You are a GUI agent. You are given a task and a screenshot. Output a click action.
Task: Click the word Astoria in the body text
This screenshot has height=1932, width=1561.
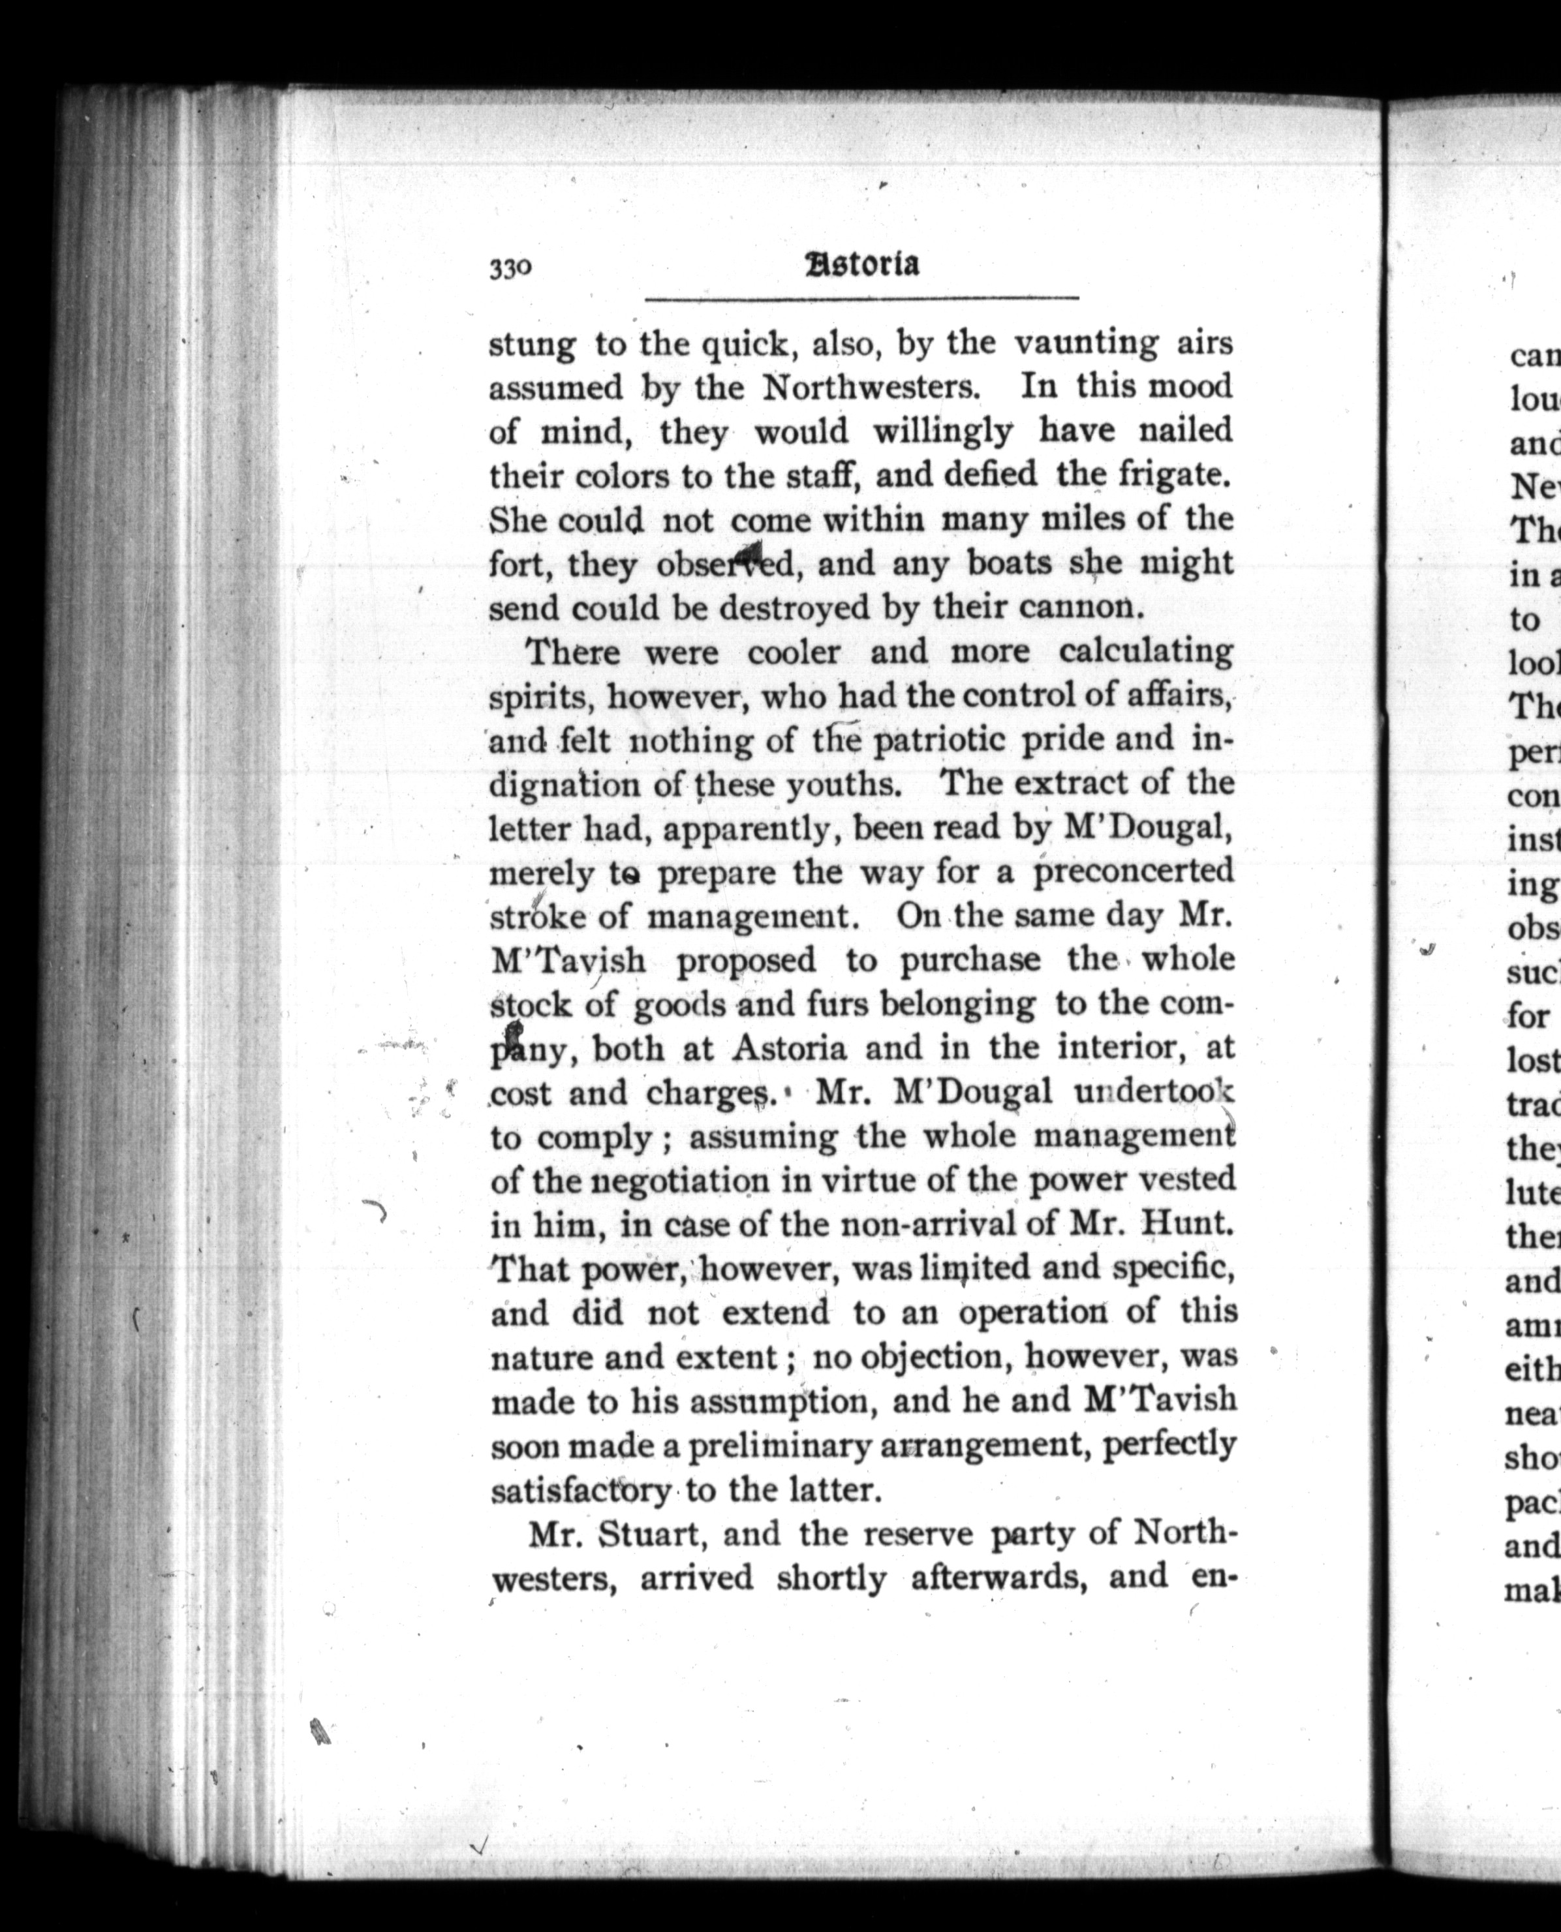click(790, 1048)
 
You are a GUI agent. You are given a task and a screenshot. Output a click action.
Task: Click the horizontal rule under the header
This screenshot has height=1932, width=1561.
click(861, 298)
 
